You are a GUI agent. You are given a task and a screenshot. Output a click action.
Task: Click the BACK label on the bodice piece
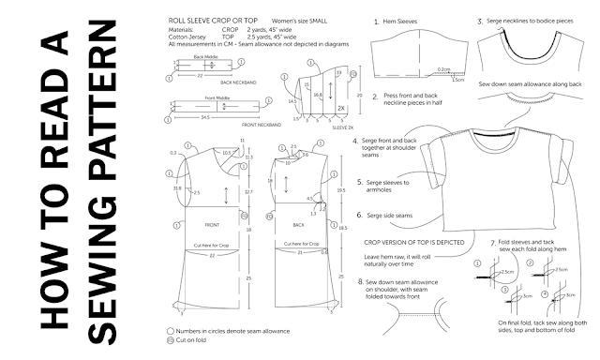[298, 226]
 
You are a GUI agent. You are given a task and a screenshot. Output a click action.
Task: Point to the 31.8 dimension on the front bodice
[178, 187]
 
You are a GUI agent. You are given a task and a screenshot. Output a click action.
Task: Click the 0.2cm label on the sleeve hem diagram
[444, 69]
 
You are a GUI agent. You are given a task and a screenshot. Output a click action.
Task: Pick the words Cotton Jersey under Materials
[187, 37]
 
